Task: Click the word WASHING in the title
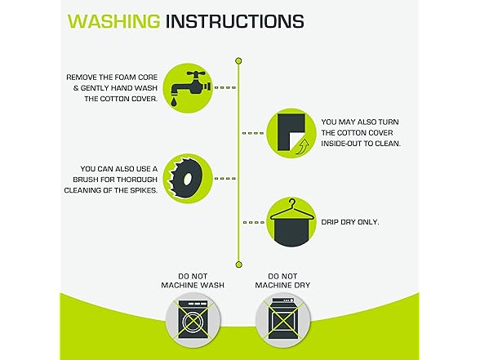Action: pyautogui.click(x=113, y=21)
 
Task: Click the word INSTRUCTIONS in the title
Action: pyautogui.click(x=234, y=21)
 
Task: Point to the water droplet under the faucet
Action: pyautogui.click(x=174, y=102)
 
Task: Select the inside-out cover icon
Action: pyautogui.click(x=291, y=133)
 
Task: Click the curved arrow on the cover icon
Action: pyautogui.click(x=303, y=146)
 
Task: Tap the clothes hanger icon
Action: pyautogui.click(x=291, y=222)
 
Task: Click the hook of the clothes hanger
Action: pyautogui.click(x=293, y=202)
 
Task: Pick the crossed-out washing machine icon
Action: pyautogui.click(x=193, y=320)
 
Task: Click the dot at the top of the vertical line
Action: pyautogui.click(x=238, y=61)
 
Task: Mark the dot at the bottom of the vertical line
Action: pyautogui.click(x=238, y=264)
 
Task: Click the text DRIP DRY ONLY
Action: pyautogui.click(x=350, y=222)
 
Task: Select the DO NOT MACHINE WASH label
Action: pyautogui.click(x=193, y=281)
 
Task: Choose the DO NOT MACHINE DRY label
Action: pyautogui.click(x=282, y=281)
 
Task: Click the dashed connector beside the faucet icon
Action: pyautogui.click(x=225, y=88)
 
